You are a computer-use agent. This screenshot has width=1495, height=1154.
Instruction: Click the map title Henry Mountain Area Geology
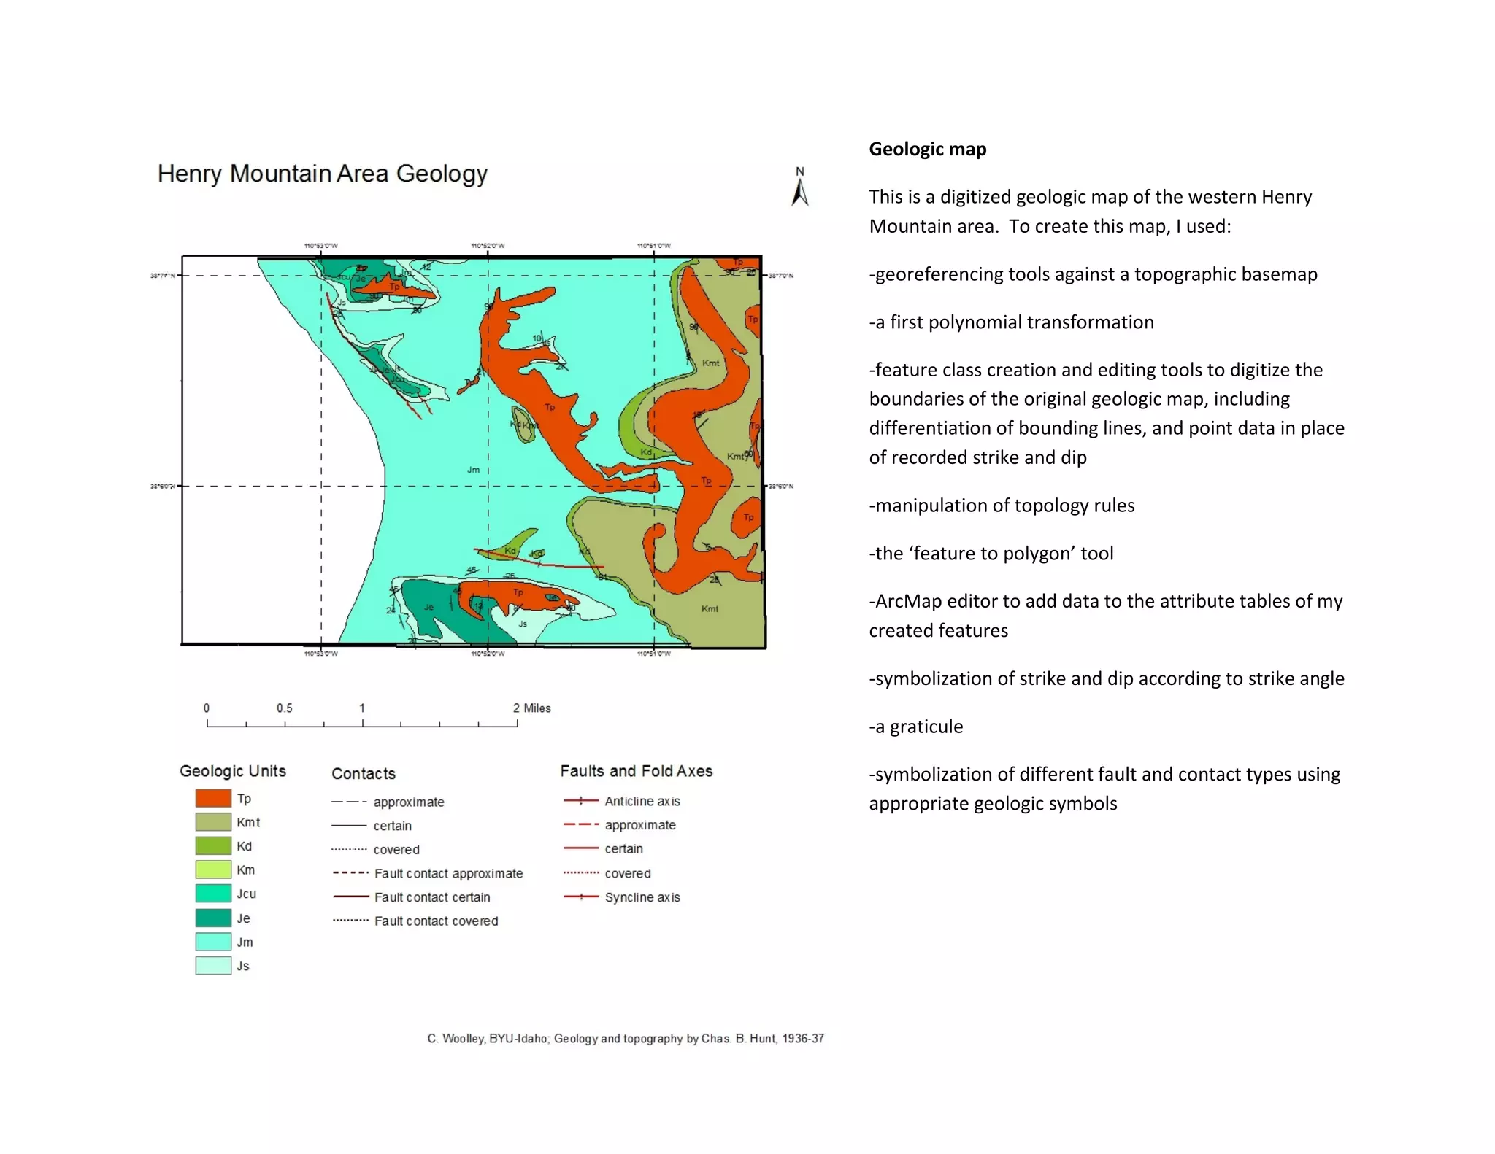coord(322,174)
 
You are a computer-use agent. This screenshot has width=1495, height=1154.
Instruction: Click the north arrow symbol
coord(800,188)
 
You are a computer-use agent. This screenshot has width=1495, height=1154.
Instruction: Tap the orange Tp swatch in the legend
coord(213,798)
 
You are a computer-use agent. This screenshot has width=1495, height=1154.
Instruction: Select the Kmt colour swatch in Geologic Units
coord(213,822)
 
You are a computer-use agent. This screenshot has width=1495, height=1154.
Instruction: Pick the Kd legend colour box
coord(213,846)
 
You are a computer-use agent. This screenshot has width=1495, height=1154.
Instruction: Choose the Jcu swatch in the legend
coord(213,894)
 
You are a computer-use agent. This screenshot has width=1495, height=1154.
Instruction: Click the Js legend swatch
coord(213,966)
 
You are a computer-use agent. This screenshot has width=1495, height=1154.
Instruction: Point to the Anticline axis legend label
coord(642,801)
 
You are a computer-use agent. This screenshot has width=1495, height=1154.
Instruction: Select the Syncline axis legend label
coord(642,897)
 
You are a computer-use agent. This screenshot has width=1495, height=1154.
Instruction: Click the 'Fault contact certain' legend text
coord(432,897)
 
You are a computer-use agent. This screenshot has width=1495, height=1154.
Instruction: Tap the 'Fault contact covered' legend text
coord(436,921)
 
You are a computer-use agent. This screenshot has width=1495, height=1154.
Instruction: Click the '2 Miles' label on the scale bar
coord(531,708)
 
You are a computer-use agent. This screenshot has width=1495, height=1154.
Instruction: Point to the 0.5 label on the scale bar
coord(284,708)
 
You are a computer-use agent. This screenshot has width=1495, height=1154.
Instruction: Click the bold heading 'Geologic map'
coord(927,150)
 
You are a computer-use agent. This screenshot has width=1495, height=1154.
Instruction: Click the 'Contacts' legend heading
coord(364,774)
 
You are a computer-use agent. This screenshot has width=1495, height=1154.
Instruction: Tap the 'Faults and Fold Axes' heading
coord(636,771)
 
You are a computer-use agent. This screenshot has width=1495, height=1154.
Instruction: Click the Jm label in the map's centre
coord(474,470)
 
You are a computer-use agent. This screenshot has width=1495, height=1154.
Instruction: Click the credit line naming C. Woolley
coord(626,1038)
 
